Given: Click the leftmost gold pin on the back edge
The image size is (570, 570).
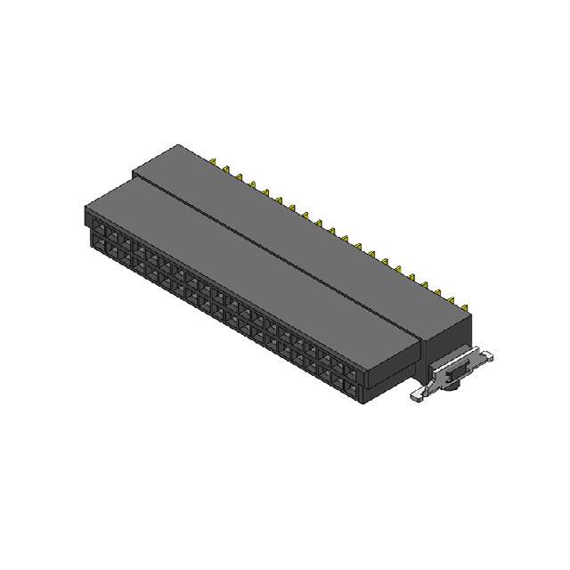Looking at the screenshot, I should [x=216, y=162].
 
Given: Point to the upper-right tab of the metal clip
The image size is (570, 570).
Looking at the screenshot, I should [x=485, y=354].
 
